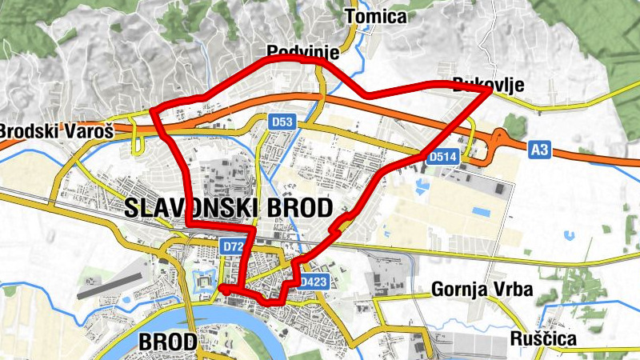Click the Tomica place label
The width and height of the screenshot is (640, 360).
[x=375, y=16]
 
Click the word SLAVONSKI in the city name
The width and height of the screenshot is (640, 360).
[x=190, y=209]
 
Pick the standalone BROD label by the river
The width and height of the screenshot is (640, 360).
[x=167, y=342]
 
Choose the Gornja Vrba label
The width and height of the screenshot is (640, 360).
[x=482, y=289]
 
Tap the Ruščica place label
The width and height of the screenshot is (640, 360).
[x=543, y=338]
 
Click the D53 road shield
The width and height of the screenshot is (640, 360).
[x=282, y=122]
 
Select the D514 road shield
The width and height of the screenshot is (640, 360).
[x=442, y=158]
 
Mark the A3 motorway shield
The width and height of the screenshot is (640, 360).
[x=540, y=149]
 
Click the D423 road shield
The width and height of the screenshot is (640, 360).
[x=314, y=282]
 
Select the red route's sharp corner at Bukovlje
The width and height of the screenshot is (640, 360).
[x=490, y=91]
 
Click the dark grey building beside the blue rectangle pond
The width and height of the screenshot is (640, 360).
[x=498, y=189]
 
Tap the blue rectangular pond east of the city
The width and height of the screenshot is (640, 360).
[x=482, y=212]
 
